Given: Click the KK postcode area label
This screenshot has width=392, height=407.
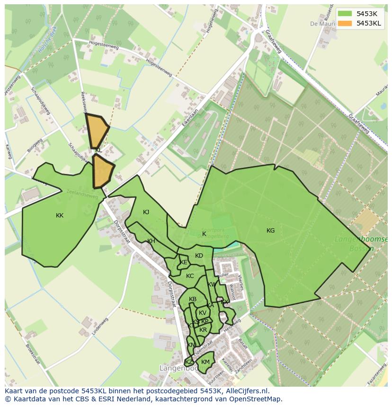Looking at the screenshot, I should (x=60, y=216).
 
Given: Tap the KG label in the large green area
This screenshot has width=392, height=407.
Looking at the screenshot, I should (x=270, y=231).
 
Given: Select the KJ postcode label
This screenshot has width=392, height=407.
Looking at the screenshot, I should (x=146, y=212).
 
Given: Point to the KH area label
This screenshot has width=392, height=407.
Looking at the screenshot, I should (x=151, y=241).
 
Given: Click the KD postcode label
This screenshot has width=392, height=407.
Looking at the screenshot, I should (x=199, y=256).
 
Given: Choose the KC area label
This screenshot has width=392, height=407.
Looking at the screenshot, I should (x=190, y=276).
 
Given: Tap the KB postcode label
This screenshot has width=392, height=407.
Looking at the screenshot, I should (x=193, y=299).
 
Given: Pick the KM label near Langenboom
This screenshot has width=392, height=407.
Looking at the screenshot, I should (x=205, y=362).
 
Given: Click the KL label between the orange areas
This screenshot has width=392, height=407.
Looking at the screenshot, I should (x=98, y=150).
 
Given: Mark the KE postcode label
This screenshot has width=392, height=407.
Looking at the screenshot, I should (x=184, y=262).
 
